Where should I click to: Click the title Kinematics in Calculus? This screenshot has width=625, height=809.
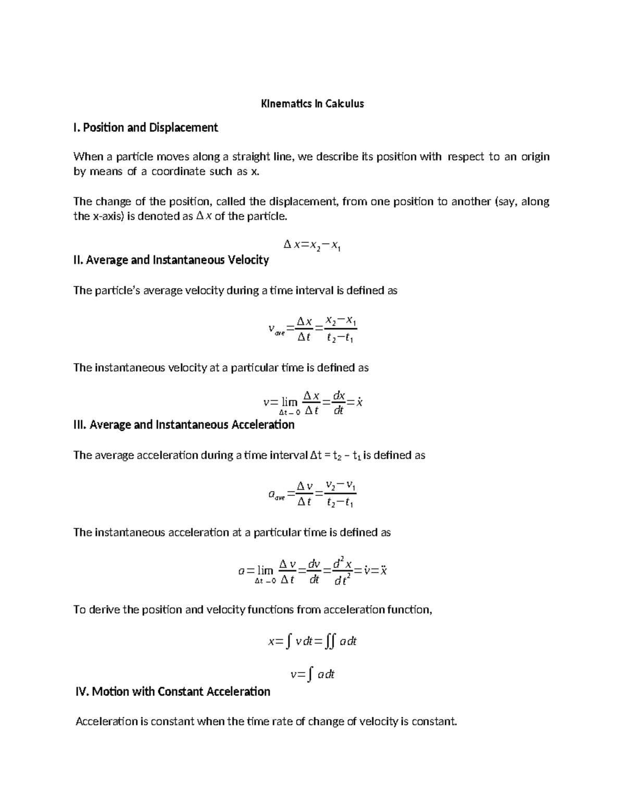click(312, 104)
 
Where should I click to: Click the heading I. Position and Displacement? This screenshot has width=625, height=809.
click(145, 128)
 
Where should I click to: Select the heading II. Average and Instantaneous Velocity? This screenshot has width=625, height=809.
click(171, 259)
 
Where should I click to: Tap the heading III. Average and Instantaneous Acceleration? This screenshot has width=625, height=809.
click(184, 425)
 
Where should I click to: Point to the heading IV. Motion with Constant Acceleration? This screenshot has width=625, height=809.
click(173, 691)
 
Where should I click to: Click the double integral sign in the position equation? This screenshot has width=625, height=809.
click(329, 642)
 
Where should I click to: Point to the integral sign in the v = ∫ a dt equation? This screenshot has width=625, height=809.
click(310, 675)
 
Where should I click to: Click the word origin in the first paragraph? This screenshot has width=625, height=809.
click(535, 157)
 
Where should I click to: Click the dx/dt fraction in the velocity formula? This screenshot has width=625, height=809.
click(339, 402)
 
